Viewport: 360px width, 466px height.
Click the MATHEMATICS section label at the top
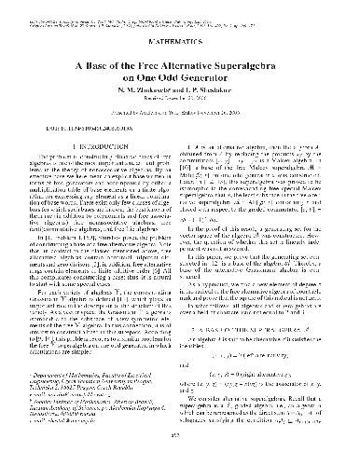[180, 41]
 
